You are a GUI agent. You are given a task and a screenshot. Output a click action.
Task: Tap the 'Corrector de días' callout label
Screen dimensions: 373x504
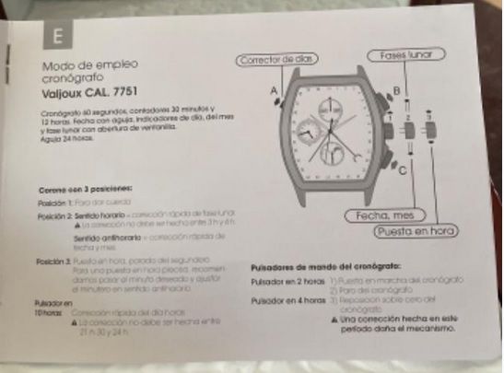tap(277, 60)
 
